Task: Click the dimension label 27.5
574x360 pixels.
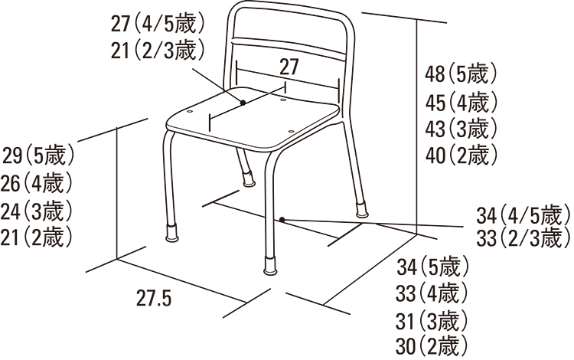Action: (x=154, y=298)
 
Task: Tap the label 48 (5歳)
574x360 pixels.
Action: (x=461, y=74)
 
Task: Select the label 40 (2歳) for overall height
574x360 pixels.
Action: (x=461, y=155)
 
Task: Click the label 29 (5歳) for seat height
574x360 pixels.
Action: (x=38, y=155)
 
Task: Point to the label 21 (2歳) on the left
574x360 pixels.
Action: (x=37, y=237)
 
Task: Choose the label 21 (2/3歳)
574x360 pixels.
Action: (x=158, y=50)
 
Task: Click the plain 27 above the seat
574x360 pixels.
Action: (x=289, y=67)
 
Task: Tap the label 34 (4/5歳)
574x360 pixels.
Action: (x=523, y=215)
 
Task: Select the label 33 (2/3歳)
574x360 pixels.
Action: (x=523, y=237)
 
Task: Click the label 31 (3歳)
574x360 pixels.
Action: (x=432, y=321)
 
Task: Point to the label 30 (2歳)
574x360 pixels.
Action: (x=432, y=345)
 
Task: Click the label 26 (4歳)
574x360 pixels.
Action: (x=37, y=183)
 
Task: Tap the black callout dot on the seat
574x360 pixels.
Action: (x=243, y=103)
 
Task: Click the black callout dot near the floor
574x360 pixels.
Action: (x=282, y=219)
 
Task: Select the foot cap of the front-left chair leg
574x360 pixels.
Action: (x=171, y=233)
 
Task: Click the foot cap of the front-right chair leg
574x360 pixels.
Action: (x=271, y=265)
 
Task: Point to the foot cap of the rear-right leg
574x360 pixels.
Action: (x=363, y=209)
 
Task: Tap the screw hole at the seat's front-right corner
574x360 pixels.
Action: (x=291, y=131)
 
